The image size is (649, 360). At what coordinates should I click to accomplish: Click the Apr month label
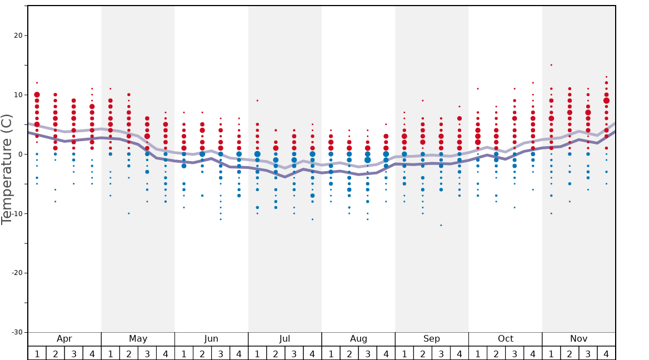64,339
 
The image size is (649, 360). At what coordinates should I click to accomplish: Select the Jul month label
284,339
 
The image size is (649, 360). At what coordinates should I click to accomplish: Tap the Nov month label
578,339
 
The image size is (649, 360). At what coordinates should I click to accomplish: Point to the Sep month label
432,339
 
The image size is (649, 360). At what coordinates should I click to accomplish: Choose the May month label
138,339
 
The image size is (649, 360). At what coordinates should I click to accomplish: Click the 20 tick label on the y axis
17,36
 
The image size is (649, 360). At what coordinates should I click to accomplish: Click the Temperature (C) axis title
7,169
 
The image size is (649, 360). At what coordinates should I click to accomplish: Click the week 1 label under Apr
37,354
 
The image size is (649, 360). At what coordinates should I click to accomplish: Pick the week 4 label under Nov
606,354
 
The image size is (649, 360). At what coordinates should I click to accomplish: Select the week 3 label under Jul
294,354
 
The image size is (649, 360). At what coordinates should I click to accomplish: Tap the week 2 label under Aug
349,354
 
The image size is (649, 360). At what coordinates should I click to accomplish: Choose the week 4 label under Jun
239,354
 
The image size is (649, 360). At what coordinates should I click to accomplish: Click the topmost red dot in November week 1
551,65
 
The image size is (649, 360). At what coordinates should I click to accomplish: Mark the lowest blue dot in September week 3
441,225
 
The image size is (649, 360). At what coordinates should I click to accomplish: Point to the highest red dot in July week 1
257,101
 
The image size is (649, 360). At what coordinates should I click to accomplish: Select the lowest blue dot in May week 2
129,213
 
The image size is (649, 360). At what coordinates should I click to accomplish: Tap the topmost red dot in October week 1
478,89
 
